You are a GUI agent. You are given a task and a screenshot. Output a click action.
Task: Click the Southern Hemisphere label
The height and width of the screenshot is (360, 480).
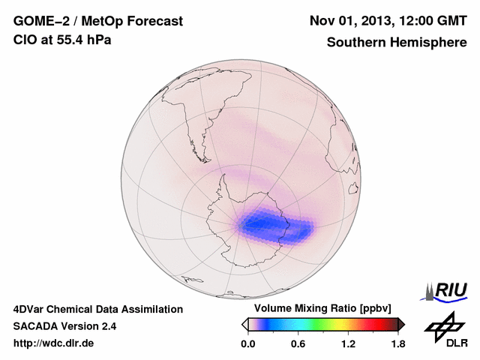[x=397, y=42]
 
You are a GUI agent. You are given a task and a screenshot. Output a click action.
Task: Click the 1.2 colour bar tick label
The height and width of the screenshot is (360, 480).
[x=348, y=344]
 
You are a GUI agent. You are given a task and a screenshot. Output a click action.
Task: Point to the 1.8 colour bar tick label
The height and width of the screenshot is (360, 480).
[x=398, y=344]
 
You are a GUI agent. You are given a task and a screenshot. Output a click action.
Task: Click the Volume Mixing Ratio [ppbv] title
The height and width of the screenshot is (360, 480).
[x=319, y=309]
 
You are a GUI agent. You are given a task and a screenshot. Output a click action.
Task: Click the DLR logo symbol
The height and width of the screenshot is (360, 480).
[x=443, y=325]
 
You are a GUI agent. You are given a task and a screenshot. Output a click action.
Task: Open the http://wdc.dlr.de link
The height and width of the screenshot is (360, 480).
[x=54, y=344]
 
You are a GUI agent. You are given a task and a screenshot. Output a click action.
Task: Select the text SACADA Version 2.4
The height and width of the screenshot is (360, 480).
[x=64, y=327]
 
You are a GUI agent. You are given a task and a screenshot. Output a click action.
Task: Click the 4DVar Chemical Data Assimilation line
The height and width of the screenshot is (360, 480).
[x=97, y=309]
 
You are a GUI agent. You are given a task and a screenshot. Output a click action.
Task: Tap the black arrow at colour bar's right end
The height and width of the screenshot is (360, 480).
[x=401, y=324]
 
